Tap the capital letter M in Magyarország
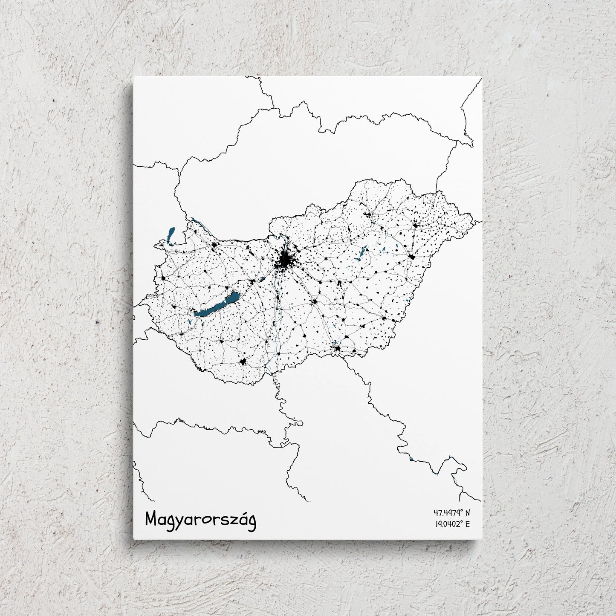click(152, 518)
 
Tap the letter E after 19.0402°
click(467, 524)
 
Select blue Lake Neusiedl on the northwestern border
click(171, 235)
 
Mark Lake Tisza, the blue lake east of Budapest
click(362, 254)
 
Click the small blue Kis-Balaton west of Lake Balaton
click(189, 322)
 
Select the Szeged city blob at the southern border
click(338, 349)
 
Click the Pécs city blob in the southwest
click(243, 362)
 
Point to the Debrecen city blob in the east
click(412, 257)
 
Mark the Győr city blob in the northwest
click(214, 245)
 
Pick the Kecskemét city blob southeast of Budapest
click(315, 302)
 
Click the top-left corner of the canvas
click(133, 77)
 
